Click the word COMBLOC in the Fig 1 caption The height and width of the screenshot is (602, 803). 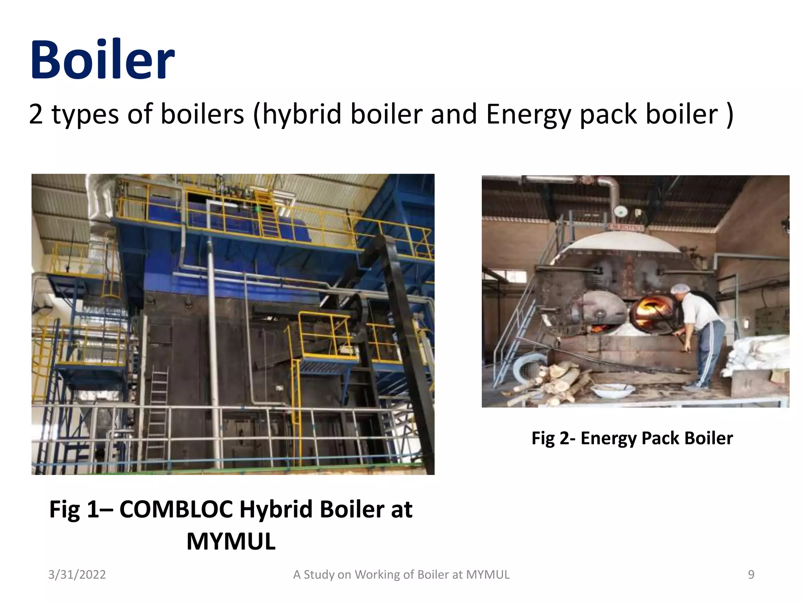[x=176, y=510]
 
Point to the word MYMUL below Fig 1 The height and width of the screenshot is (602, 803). [x=231, y=542]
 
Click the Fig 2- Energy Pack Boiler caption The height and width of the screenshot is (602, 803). [x=632, y=438]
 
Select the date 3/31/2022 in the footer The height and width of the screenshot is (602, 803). [x=77, y=575]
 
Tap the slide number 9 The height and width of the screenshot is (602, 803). [x=751, y=575]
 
